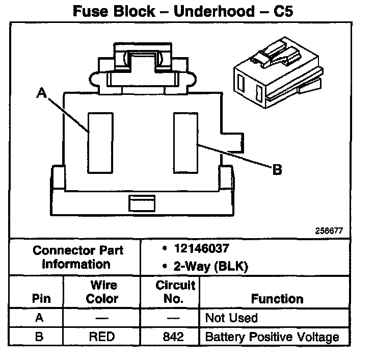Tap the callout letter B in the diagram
[277, 170]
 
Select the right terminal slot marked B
[185, 142]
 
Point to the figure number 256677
[329, 230]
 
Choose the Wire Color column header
[102, 292]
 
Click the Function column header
[277, 299]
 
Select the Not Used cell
[231, 318]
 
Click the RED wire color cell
[102, 337]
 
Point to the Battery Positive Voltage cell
[272, 337]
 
